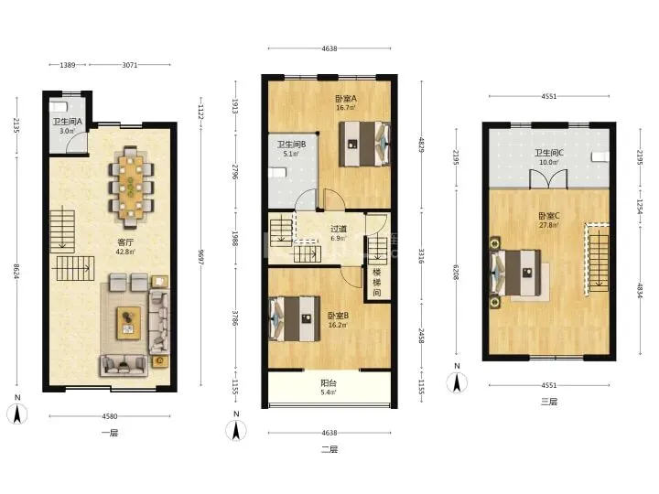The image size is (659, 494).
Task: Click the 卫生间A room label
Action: pos(67,122)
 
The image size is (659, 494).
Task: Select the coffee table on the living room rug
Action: pos(129,323)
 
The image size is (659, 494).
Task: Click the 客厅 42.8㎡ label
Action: pos(125,247)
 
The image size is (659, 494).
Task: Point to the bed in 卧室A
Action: pos(364,144)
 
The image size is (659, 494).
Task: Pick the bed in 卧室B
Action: pos(294,319)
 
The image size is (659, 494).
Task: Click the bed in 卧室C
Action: pos(515,273)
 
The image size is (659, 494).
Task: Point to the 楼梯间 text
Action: pos(377,282)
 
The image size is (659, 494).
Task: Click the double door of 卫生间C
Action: pos(548,179)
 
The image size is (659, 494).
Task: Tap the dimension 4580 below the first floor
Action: pos(110,416)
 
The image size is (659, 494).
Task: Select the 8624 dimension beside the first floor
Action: pos(16,272)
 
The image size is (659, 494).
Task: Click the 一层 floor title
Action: pos(110,433)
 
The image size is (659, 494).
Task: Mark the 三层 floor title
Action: pos(549,402)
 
